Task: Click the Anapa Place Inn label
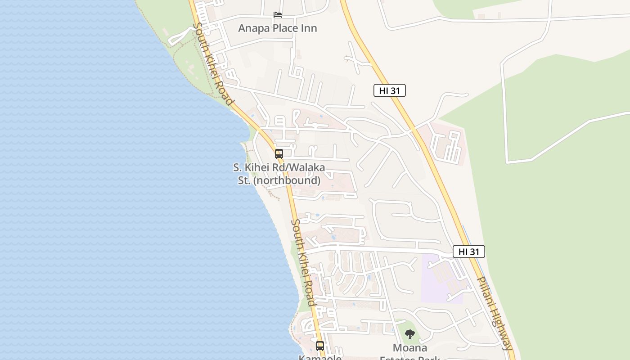277,28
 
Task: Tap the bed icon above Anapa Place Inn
278,15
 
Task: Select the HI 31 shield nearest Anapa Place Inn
389,90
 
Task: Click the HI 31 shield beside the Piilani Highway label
468,252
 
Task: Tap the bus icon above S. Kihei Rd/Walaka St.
279,154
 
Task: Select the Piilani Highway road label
494,313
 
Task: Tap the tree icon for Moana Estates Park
409,334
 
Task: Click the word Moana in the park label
409,348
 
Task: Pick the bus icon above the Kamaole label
320,346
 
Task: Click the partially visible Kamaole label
320,357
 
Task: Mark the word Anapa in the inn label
252,28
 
